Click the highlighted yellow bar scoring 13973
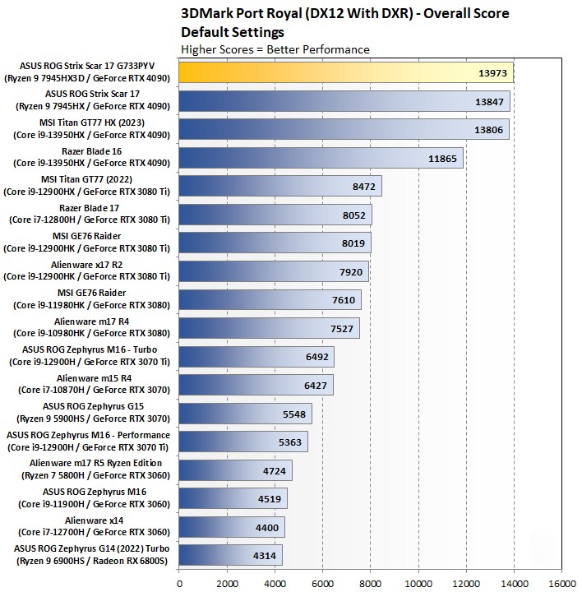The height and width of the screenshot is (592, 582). coord(345,72)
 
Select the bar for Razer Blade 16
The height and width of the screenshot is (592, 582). coord(321,158)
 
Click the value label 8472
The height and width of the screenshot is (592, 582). coord(363,187)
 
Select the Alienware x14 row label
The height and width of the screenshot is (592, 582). coord(92,526)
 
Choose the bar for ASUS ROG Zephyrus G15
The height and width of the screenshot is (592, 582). coord(245,414)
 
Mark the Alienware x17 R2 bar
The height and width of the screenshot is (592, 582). coord(273,271)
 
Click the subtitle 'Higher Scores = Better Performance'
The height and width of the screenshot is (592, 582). coord(275,49)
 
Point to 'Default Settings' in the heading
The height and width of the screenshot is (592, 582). coord(233,32)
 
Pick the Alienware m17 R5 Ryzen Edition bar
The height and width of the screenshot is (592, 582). coord(235,470)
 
